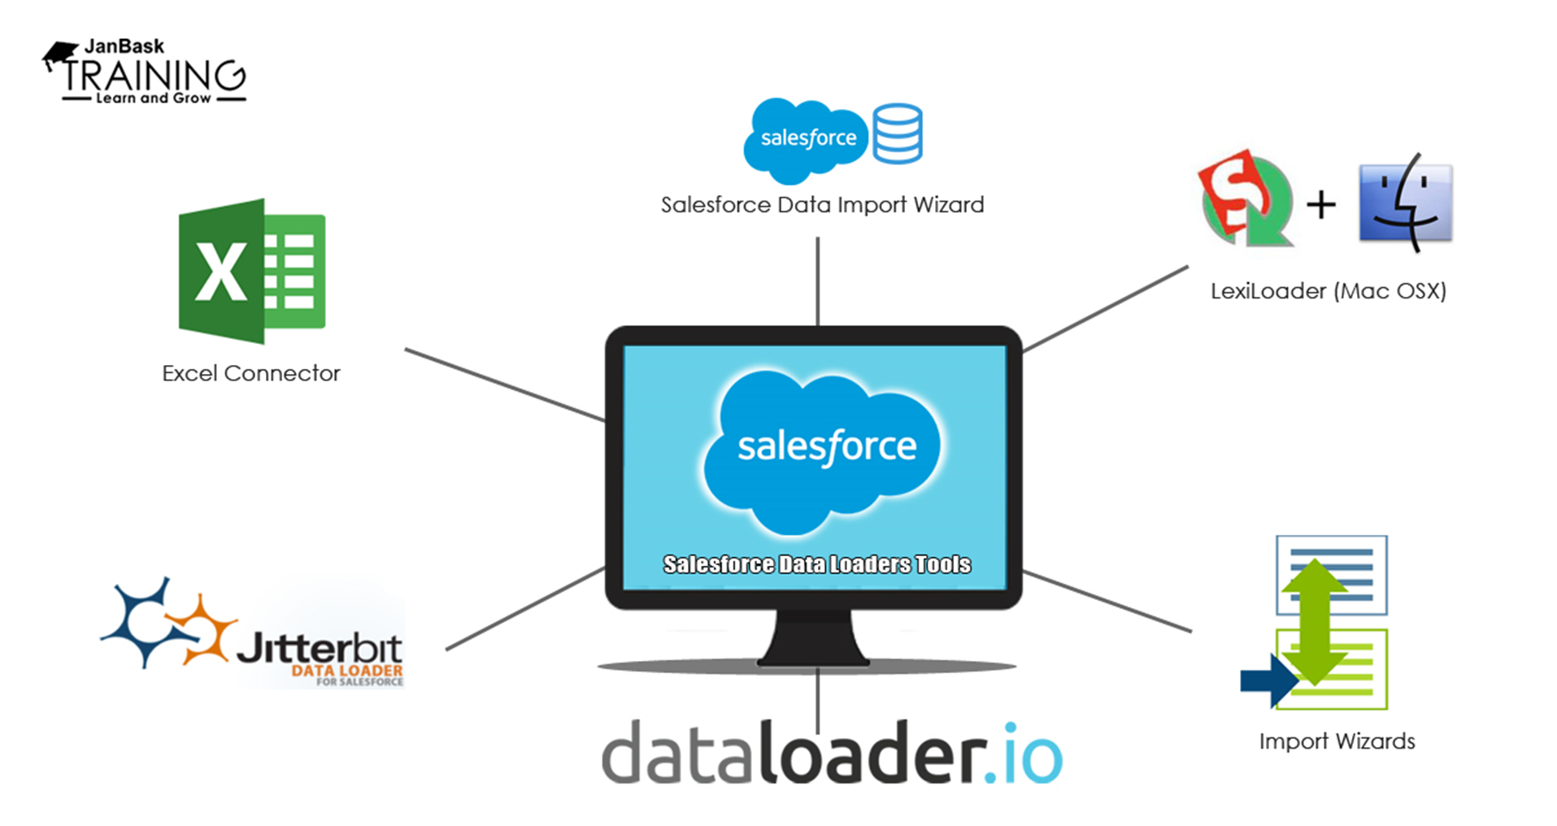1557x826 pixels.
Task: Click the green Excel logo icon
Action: click(251, 272)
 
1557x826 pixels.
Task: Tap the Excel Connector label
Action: click(250, 373)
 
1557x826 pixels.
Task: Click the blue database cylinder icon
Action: click(897, 134)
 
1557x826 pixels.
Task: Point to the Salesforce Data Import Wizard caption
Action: click(822, 205)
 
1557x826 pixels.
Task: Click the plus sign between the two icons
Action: click(1321, 204)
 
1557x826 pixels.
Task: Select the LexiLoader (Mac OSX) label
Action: click(1328, 291)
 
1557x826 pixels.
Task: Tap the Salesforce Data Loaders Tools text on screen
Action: click(816, 564)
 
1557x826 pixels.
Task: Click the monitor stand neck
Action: click(814, 637)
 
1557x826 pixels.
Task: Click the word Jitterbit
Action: click(319, 648)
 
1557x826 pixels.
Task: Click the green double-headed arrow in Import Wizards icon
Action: click(1315, 619)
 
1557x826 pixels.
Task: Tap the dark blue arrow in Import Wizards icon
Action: click(1268, 680)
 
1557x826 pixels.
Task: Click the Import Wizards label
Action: click(1337, 741)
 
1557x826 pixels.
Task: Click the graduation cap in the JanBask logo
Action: click(60, 55)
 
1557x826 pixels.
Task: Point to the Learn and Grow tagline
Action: click(153, 98)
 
